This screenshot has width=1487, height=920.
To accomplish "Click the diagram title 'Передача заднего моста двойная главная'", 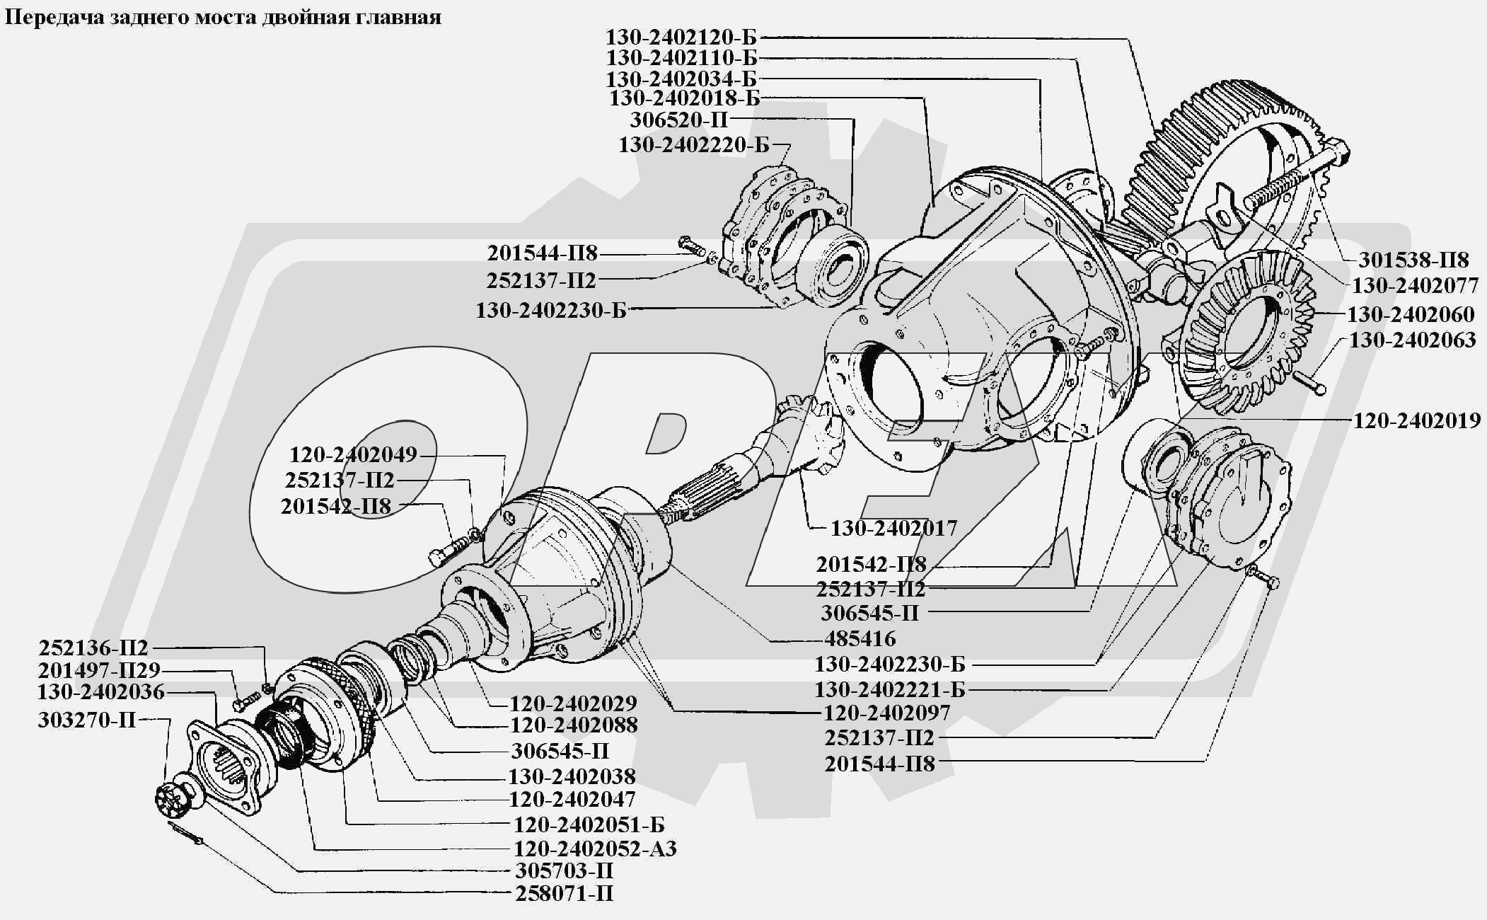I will pyautogui.click(x=224, y=17).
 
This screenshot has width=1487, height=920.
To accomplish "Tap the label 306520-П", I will pyautogui.click(x=679, y=120).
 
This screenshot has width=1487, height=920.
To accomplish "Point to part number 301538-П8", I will pyautogui.click(x=1413, y=260).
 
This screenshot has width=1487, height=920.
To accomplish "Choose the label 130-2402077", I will pyautogui.click(x=1415, y=285).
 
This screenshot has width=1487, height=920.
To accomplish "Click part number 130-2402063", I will pyautogui.click(x=1412, y=340).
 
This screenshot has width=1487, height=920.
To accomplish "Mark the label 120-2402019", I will pyautogui.click(x=1416, y=420).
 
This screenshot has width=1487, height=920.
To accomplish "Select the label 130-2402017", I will pyautogui.click(x=893, y=528).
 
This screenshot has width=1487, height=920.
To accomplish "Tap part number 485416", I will pyautogui.click(x=860, y=638).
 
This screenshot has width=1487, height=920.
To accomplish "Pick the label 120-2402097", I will pyautogui.click(x=886, y=712).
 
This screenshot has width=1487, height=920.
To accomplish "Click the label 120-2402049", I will pyautogui.click(x=353, y=454).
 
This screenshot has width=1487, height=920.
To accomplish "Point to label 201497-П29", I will pyautogui.click(x=99, y=670).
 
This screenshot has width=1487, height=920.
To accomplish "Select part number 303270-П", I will pyautogui.click(x=86, y=720).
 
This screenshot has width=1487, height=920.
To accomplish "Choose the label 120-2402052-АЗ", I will pyautogui.click(x=595, y=848).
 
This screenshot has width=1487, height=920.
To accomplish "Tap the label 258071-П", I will pyautogui.click(x=564, y=893).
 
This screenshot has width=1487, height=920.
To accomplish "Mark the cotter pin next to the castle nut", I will pyautogui.click(x=186, y=833).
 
